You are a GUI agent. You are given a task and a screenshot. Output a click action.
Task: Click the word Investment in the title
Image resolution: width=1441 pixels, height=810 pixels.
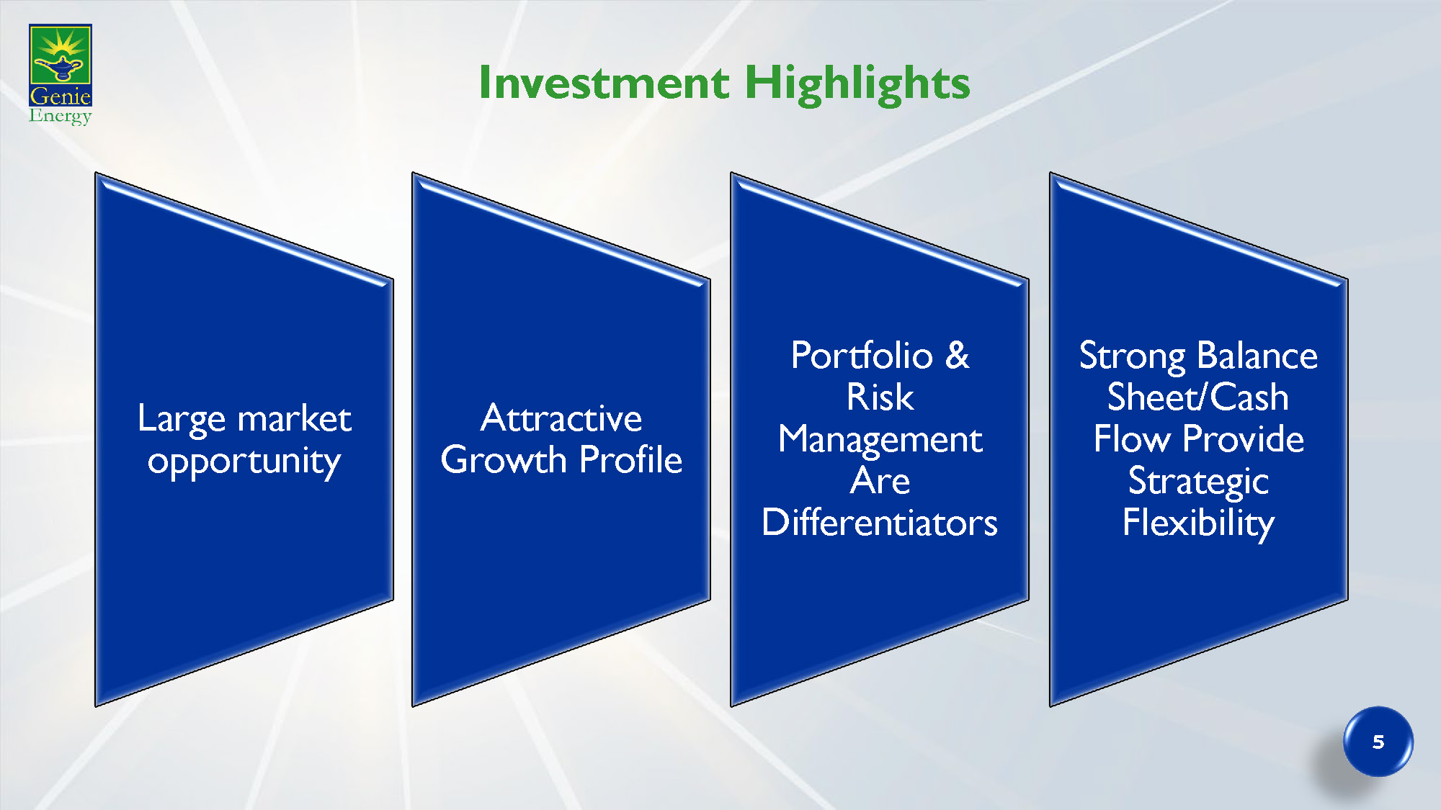[x=604, y=82]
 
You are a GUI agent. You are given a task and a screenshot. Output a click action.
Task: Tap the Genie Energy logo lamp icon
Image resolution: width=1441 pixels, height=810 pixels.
[x=61, y=68]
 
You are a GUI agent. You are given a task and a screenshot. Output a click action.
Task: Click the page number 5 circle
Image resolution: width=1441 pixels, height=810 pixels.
[x=1378, y=742]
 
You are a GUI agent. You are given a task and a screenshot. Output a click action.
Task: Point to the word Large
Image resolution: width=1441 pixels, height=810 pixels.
[x=182, y=419]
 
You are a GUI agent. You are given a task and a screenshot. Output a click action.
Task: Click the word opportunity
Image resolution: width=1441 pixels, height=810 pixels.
[x=244, y=462]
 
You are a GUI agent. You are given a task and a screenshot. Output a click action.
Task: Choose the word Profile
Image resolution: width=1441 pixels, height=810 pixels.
[x=630, y=459]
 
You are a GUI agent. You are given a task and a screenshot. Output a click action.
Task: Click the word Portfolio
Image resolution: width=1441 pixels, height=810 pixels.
[x=862, y=355]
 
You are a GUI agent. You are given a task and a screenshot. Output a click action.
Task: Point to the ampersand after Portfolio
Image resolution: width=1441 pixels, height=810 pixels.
[x=958, y=355]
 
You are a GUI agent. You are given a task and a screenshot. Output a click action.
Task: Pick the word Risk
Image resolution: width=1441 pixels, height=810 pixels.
[x=880, y=397]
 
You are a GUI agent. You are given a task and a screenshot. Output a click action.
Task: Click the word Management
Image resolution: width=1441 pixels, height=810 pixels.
[x=880, y=440]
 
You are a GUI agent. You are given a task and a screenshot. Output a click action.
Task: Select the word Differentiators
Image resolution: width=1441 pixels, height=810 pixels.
[x=880, y=522]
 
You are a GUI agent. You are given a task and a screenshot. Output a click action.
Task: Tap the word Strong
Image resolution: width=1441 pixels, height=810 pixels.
[x=1132, y=356]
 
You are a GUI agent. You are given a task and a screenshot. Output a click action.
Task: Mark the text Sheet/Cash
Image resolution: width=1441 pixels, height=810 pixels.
[x=1197, y=397]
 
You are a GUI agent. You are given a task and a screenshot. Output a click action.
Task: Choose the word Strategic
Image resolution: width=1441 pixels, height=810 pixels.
[x=1198, y=482]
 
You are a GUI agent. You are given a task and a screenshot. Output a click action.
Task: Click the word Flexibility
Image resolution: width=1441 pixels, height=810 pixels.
[x=1198, y=523]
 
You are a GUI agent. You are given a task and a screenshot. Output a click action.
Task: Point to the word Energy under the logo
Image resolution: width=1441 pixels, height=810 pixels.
[x=61, y=116]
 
